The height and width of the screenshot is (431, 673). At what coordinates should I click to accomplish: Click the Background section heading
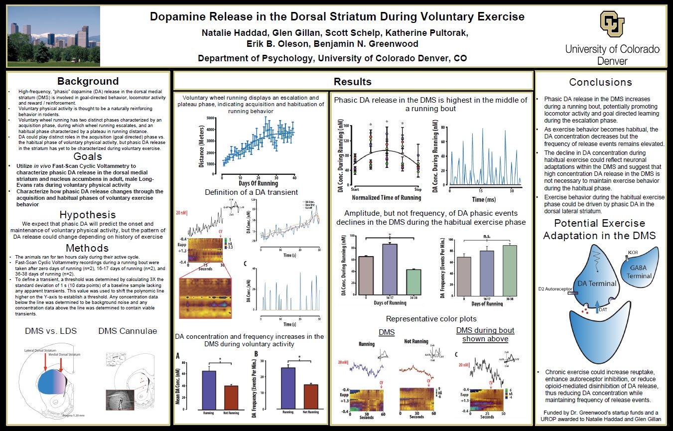click(88, 81)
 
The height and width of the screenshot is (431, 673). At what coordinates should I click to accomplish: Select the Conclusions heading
click(600, 82)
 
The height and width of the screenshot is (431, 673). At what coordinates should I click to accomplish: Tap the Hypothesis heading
click(88, 215)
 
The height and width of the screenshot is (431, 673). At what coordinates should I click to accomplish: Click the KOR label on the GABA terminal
click(633, 252)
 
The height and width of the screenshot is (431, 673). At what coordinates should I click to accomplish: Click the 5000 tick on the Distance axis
click(211, 118)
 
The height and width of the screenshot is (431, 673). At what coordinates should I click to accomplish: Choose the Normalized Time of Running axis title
click(386, 198)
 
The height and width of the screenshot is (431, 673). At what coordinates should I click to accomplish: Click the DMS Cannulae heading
click(128, 331)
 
